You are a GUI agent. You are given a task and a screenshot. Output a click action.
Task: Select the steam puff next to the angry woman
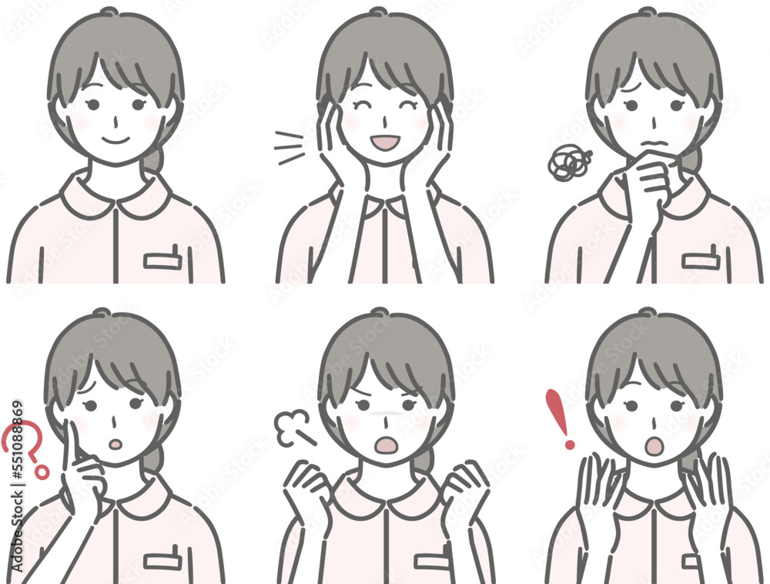[x=293, y=428]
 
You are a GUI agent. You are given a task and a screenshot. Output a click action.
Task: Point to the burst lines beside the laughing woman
[x=290, y=146]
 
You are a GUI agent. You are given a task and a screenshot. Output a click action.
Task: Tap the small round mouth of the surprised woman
[x=654, y=445]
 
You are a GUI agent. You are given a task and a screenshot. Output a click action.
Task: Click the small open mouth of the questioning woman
[x=116, y=445]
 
